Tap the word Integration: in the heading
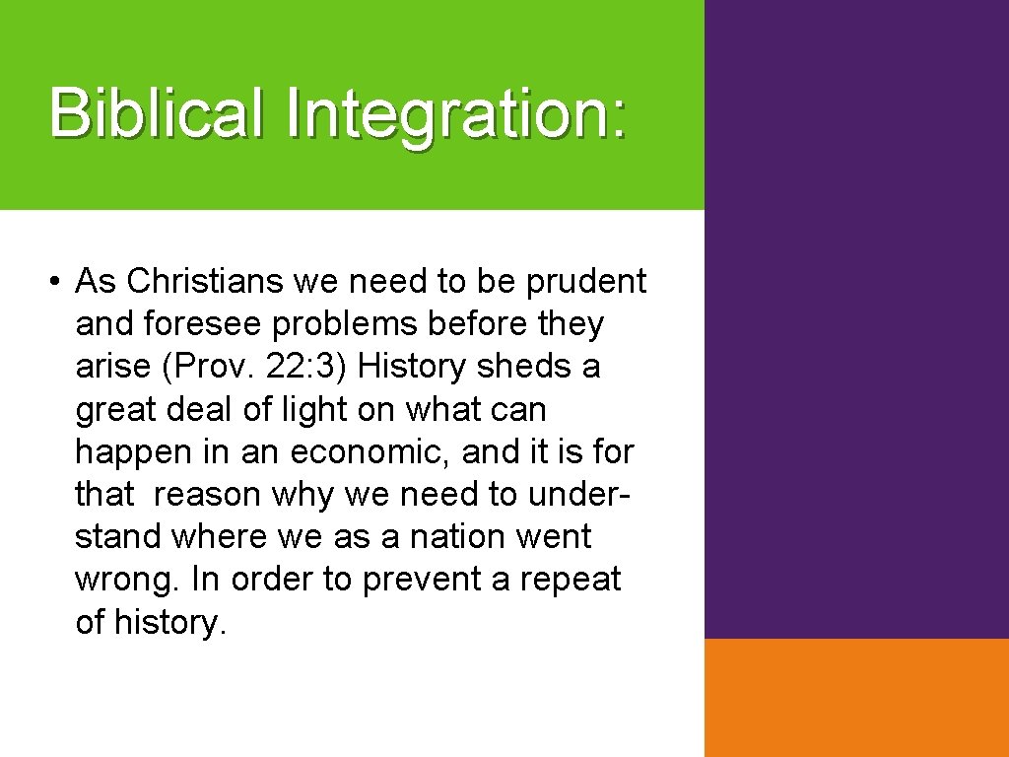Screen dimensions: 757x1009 pyautogui.click(x=455, y=113)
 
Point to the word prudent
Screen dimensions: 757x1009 pyautogui.click(x=586, y=282)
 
